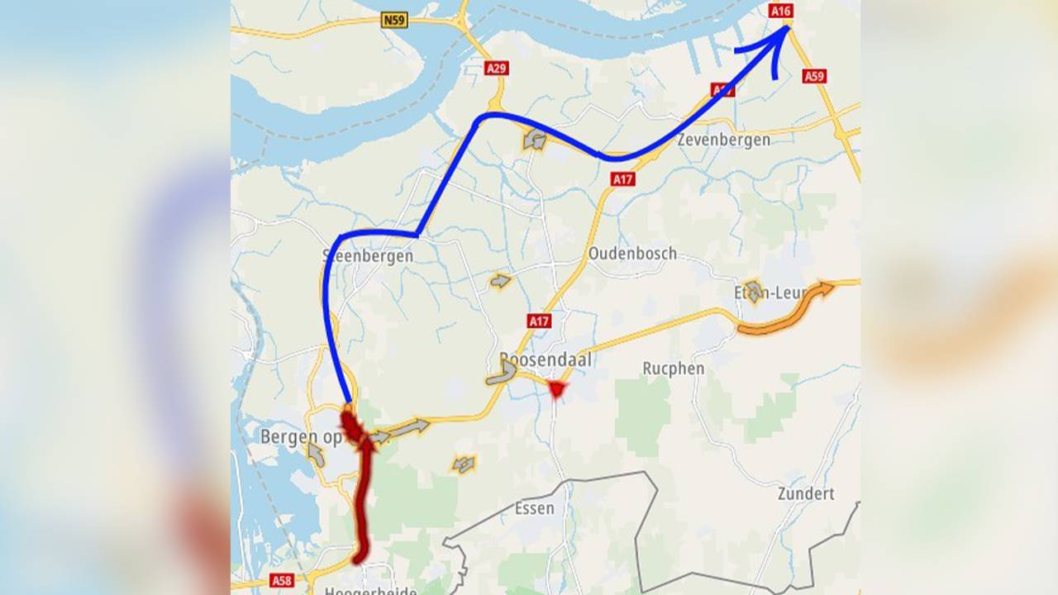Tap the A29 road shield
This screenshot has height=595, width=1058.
point(496,68)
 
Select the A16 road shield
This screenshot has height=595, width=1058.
point(781,11)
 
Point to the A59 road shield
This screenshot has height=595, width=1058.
point(814,76)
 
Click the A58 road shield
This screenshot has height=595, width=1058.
point(282,580)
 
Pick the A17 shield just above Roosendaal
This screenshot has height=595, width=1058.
point(539,320)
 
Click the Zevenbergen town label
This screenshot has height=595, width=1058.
point(723,140)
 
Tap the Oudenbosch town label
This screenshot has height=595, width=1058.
point(632,254)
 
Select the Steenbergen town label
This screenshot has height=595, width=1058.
point(368,256)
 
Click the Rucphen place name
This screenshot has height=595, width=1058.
point(674,369)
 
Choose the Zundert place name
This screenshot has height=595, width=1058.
point(806,494)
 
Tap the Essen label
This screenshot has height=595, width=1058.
point(535,508)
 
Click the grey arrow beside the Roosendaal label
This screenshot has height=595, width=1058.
point(502,373)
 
